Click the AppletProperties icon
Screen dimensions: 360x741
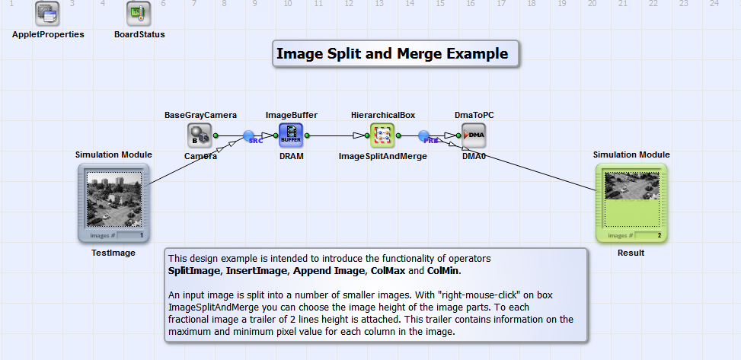48,13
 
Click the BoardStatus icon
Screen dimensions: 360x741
139,13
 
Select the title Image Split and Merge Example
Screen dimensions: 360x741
391,54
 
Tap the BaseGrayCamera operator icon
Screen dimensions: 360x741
200,135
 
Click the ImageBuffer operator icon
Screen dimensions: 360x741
291,135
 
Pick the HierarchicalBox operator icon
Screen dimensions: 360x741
382,135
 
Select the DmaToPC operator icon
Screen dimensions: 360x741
474,135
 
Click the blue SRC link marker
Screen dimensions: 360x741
249,136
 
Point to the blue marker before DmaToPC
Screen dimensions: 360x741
425,136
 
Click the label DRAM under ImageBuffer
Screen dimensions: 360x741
291,156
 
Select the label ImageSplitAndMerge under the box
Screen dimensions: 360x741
382,156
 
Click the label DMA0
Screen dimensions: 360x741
474,156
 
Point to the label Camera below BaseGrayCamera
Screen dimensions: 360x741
200,156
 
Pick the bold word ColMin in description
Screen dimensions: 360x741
444,270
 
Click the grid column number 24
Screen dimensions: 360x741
714,4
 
